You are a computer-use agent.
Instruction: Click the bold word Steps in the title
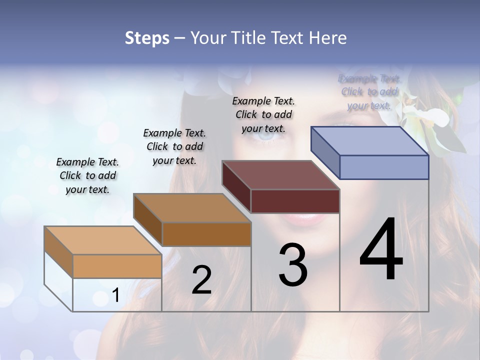coord(147,38)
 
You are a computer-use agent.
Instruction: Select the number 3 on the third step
coord(293,265)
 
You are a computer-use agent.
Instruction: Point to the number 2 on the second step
coord(202,280)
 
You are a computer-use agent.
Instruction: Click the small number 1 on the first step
coord(116,295)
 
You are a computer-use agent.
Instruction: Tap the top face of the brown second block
coord(192,208)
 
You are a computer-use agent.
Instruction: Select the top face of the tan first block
coord(103,240)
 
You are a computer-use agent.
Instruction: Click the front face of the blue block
coord(384,167)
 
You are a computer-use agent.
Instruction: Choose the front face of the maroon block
coord(295,201)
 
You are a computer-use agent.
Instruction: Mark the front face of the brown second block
coord(206,234)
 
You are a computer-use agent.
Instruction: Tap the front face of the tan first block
coord(117,266)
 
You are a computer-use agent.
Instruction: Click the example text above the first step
coord(87,175)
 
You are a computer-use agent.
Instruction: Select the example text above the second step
coord(174,146)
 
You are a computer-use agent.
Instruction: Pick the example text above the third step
coord(263,114)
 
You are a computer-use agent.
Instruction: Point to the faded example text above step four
coord(369,92)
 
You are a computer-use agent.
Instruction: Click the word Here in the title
coord(327,38)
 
